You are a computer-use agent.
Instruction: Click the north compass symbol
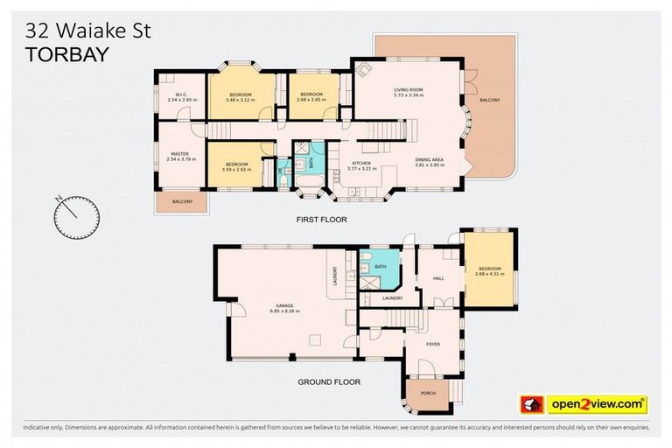[x=75, y=215]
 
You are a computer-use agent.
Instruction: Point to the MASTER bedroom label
[x=178, y=153]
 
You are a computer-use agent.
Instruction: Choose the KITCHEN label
[x=362, y=163]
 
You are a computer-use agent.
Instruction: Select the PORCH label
[x=428, y=393]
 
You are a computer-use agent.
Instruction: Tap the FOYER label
[x=432, y=344]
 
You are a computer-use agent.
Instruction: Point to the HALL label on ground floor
[x=438, y=278]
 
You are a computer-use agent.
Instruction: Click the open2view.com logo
[x=598, y=403]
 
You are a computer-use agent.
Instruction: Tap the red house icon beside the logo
[x=531, y=403]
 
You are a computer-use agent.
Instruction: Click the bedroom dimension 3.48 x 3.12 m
[x=240, y=100]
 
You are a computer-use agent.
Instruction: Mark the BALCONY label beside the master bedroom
[x=182, y=202]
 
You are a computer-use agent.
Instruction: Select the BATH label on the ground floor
[x=380, y=267]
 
